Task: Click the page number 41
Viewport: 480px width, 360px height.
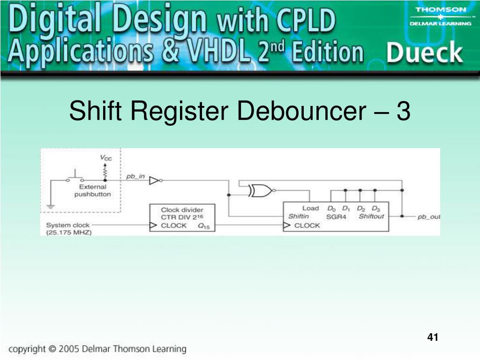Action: click(433, 337)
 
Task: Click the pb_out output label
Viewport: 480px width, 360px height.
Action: click(428, 217)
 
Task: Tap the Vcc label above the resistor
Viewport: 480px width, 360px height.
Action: click(106, 158)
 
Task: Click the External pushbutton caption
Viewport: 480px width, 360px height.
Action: click(92, 190)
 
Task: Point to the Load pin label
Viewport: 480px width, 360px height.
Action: click(310, 208)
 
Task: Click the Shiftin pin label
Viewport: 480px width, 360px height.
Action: click(299, 217)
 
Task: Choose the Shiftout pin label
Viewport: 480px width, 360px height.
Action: click(371, 217)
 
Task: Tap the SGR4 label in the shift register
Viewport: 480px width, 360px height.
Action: click(336, 217)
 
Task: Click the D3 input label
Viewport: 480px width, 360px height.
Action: click(375, 208)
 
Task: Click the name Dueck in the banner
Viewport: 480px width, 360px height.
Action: click(424, 53)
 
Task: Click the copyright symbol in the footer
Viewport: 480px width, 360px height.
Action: click(52, 349)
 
